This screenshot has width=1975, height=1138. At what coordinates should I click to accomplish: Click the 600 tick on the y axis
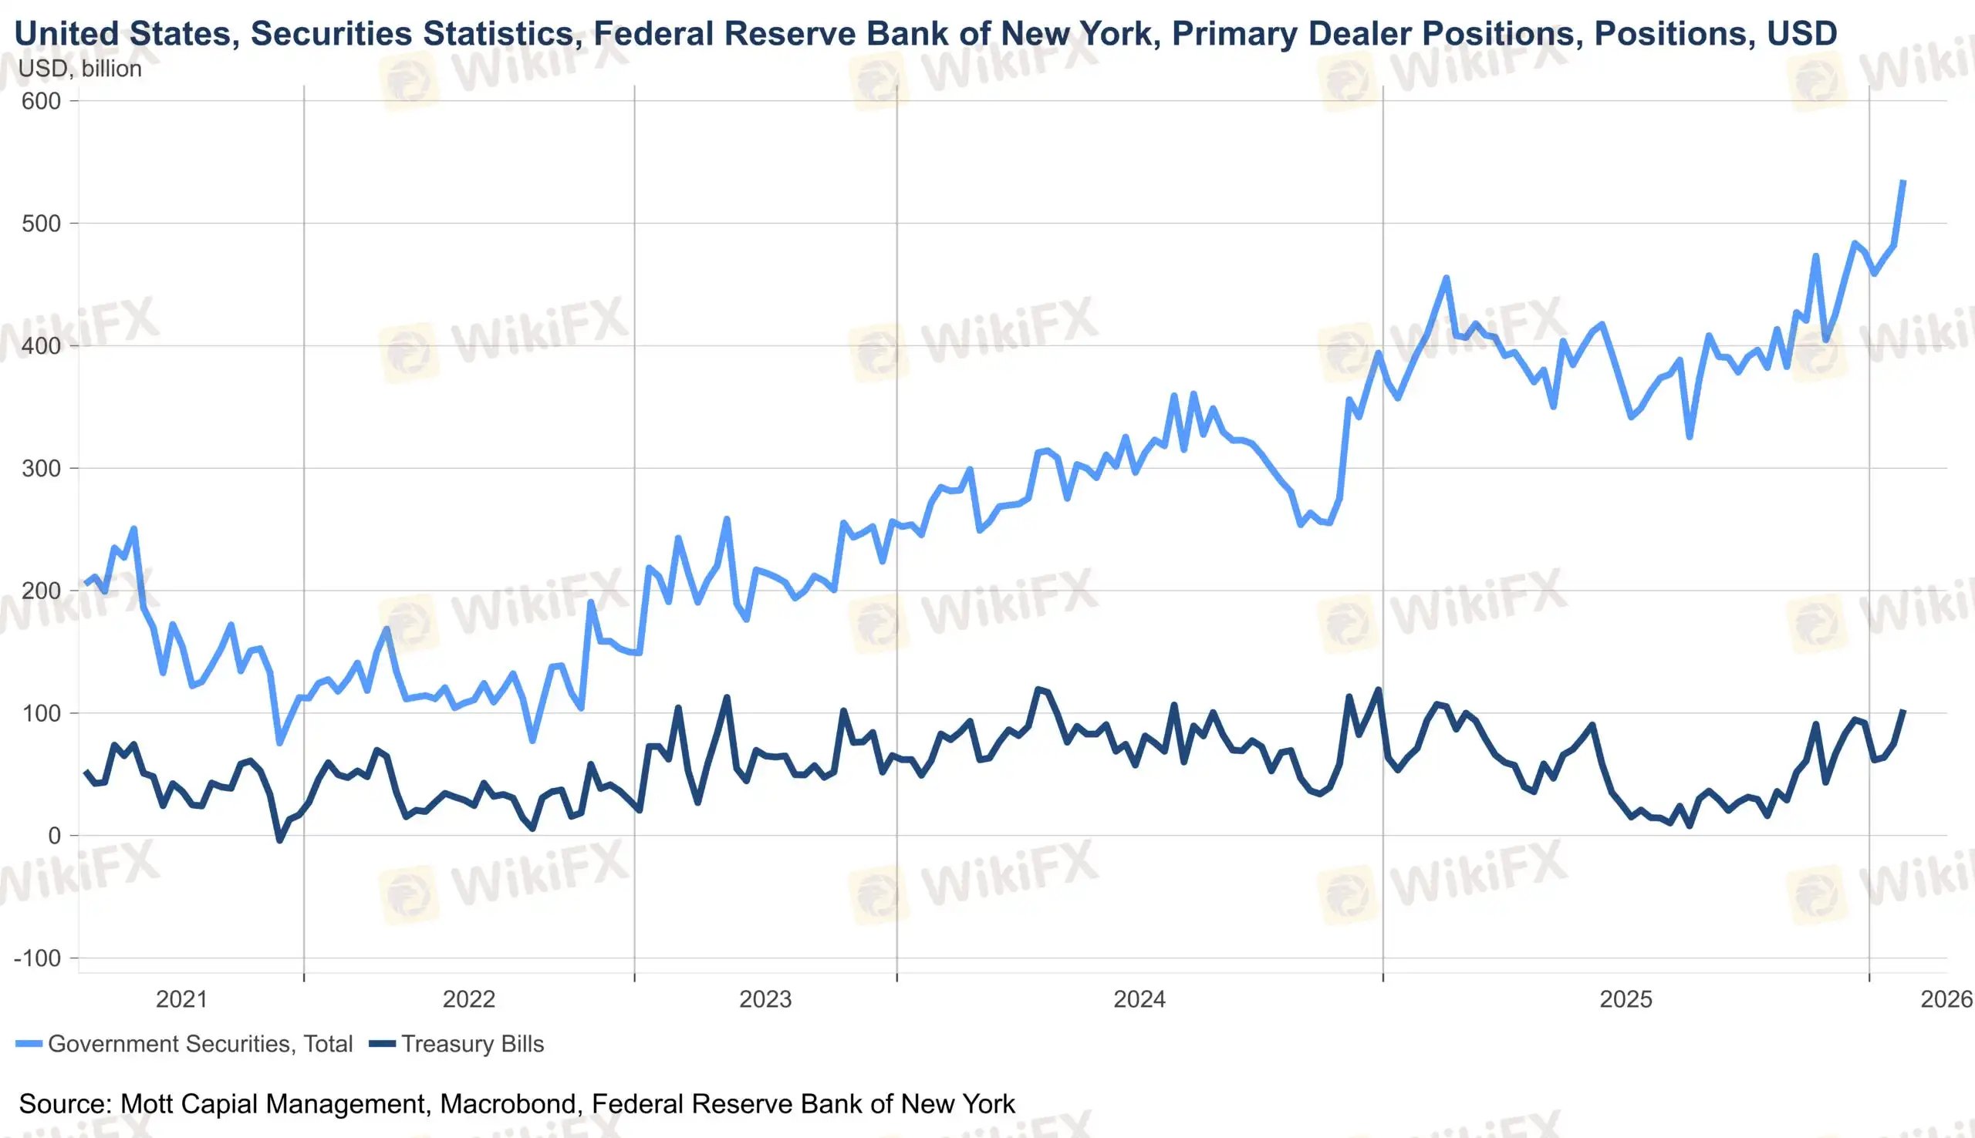[x=42, y=101]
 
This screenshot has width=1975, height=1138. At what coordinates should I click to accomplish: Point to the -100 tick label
[x=37, y=958]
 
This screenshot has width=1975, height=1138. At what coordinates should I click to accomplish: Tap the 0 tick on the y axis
[x=54, y=836]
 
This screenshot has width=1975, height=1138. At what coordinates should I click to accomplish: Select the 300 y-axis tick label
[x=42, y=468]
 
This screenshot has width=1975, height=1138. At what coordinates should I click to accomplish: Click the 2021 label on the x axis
[x=181, y=999]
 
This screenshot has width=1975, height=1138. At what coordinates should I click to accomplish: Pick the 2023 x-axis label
[x=765, y=999]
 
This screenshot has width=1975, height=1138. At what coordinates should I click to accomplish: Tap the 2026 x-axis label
[x=1946, y=999]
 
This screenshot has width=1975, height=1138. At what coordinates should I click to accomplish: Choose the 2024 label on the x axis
[x=1139, y=999]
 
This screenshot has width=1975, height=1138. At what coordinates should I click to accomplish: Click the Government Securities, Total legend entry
[x=199, y=1044]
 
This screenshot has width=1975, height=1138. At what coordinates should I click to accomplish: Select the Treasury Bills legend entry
[x=472, y=1044]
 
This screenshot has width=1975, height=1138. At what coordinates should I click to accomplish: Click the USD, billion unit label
[x=79, y=69]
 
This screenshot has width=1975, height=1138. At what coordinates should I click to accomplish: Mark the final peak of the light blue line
[x=1903, y=182]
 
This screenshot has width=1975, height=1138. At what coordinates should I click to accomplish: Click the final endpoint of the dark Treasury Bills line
[x=1904, y=710]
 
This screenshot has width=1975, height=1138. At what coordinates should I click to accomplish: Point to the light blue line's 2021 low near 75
[x=280, y=742]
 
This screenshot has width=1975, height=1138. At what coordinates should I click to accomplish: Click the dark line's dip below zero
[x=280, y=840]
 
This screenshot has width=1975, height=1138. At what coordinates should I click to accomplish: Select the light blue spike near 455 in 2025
[x=1446, y=278]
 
